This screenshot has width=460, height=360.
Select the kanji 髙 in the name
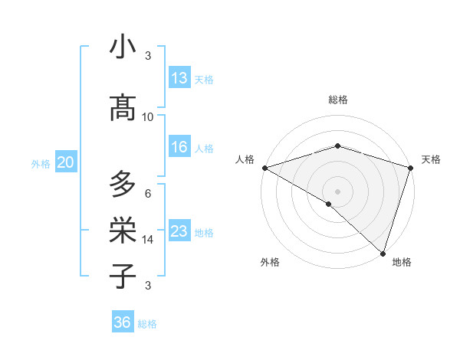(123, 109)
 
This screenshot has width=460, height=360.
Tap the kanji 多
(123, 184)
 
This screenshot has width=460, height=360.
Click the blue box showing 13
(179, 78)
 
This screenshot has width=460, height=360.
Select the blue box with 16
(179, 147)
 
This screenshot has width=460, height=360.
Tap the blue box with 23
(179, 231)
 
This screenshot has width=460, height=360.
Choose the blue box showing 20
(66, 162)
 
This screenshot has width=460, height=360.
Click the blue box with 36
(123, 322)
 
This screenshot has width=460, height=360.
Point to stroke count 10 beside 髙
(148, 116)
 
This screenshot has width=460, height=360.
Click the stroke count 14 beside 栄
(148, 239)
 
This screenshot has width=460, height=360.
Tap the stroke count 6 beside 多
(148, 193)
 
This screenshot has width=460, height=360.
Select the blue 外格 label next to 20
(41, 163)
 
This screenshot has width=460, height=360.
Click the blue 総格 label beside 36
(147, 324)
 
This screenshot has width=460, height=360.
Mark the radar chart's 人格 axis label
(245, 159)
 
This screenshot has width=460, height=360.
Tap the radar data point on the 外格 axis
(329, 204)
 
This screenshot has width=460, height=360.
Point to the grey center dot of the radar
(337, 191)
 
